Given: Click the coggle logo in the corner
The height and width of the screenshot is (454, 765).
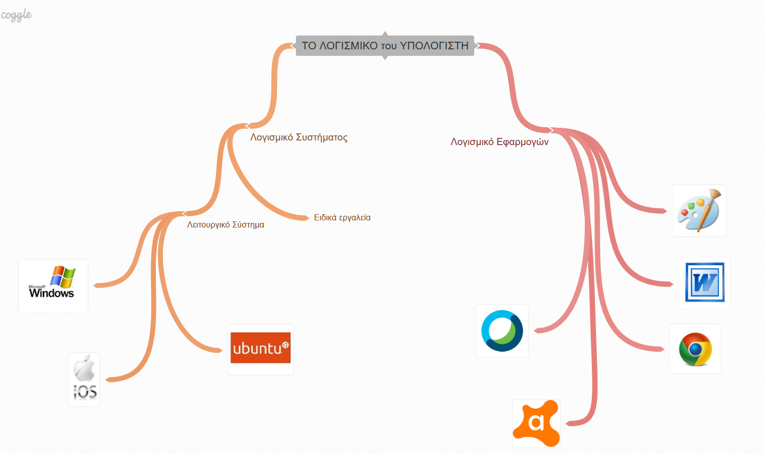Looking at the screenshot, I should point(16,15).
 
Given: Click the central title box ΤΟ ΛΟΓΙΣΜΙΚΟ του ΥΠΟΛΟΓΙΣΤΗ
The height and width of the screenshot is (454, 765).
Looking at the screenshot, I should point(385,46).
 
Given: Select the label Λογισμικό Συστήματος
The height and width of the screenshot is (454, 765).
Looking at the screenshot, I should point(299,137).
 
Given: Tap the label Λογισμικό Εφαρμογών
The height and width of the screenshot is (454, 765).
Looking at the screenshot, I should point(499,142).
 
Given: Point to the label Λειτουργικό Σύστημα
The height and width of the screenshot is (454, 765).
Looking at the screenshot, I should point(226,224).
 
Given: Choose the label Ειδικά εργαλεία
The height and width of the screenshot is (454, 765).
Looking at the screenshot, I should point(342,218).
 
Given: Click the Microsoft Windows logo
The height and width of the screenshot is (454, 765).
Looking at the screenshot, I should point(53,285).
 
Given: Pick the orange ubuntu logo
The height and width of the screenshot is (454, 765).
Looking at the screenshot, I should point(260,348).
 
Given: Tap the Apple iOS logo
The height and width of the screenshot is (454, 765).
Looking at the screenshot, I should point(85,379).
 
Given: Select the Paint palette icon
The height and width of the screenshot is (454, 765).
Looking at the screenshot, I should point(699,211).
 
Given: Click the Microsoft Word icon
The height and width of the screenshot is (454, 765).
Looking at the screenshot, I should point(704,283).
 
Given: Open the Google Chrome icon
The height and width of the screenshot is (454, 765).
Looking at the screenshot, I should point(695,349).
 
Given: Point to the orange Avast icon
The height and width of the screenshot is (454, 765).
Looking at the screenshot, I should point(536,423).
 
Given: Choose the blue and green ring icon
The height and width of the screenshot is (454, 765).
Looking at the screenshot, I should point(502,331).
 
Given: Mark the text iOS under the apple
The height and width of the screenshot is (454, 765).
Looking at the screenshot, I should point(85,392).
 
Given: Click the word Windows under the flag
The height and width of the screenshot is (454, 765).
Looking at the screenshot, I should point(51,293).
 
